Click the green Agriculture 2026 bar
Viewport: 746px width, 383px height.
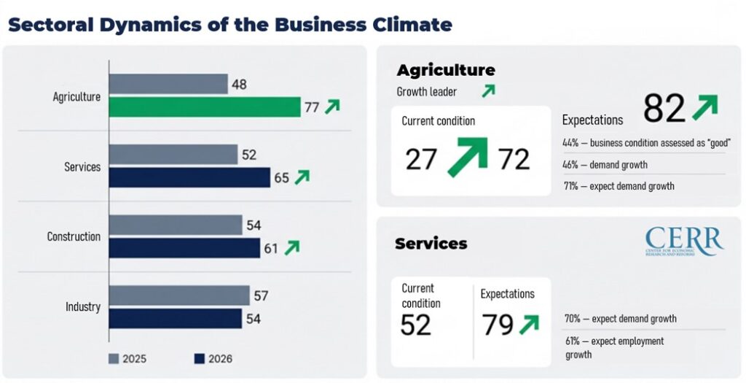pos(204,107)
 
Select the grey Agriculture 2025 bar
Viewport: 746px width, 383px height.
pos(168,84)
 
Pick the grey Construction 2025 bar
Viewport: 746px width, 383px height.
pos(176,225)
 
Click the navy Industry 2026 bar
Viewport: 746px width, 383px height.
pos(176,318)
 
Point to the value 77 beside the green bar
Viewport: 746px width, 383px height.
pos(312,108)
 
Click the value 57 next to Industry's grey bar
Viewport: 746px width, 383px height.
pos(262,295)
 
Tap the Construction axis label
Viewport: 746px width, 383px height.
pos(74,236)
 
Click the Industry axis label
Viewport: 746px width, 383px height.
pos(83,306)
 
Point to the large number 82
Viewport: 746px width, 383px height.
pos(664,109)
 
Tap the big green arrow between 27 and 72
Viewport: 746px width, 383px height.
pos(467,155)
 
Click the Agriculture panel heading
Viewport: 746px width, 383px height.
pos(445,70)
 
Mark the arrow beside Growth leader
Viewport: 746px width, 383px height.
pos(487,91)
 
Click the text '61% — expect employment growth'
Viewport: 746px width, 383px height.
pos(613,347)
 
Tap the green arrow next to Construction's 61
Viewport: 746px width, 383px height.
pos(291,248)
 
